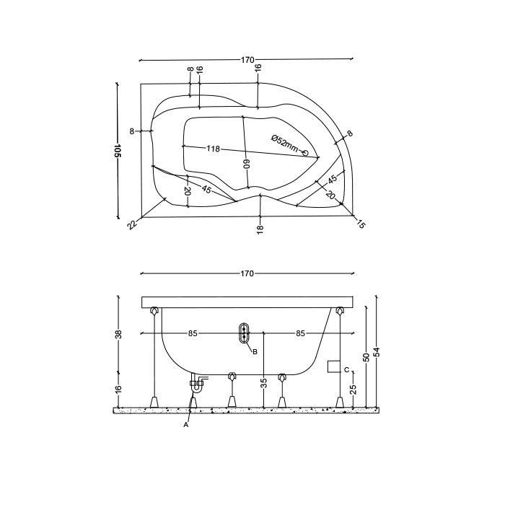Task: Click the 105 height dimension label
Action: click(x=118, y=150)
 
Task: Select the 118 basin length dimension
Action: click(x=213, y=149)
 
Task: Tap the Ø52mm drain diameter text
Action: click(x=284, y=144)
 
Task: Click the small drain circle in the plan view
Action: click(x=305, y=153)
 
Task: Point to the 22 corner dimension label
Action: click(x=132, y=224)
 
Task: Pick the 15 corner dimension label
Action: click(x=361, y=224)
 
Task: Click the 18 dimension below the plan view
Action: click(x=260, y=228)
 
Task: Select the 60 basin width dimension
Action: click(x=247, y=164)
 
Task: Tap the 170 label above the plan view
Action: click(x=247, y=60)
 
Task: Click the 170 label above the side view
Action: click(x=247, y=273)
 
